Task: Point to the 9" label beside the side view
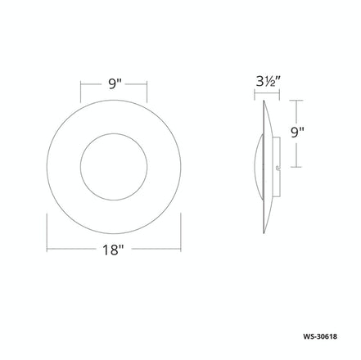298,130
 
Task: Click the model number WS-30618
328,337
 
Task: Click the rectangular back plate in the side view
279,159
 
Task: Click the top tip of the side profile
262,101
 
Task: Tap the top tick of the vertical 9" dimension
298,101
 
